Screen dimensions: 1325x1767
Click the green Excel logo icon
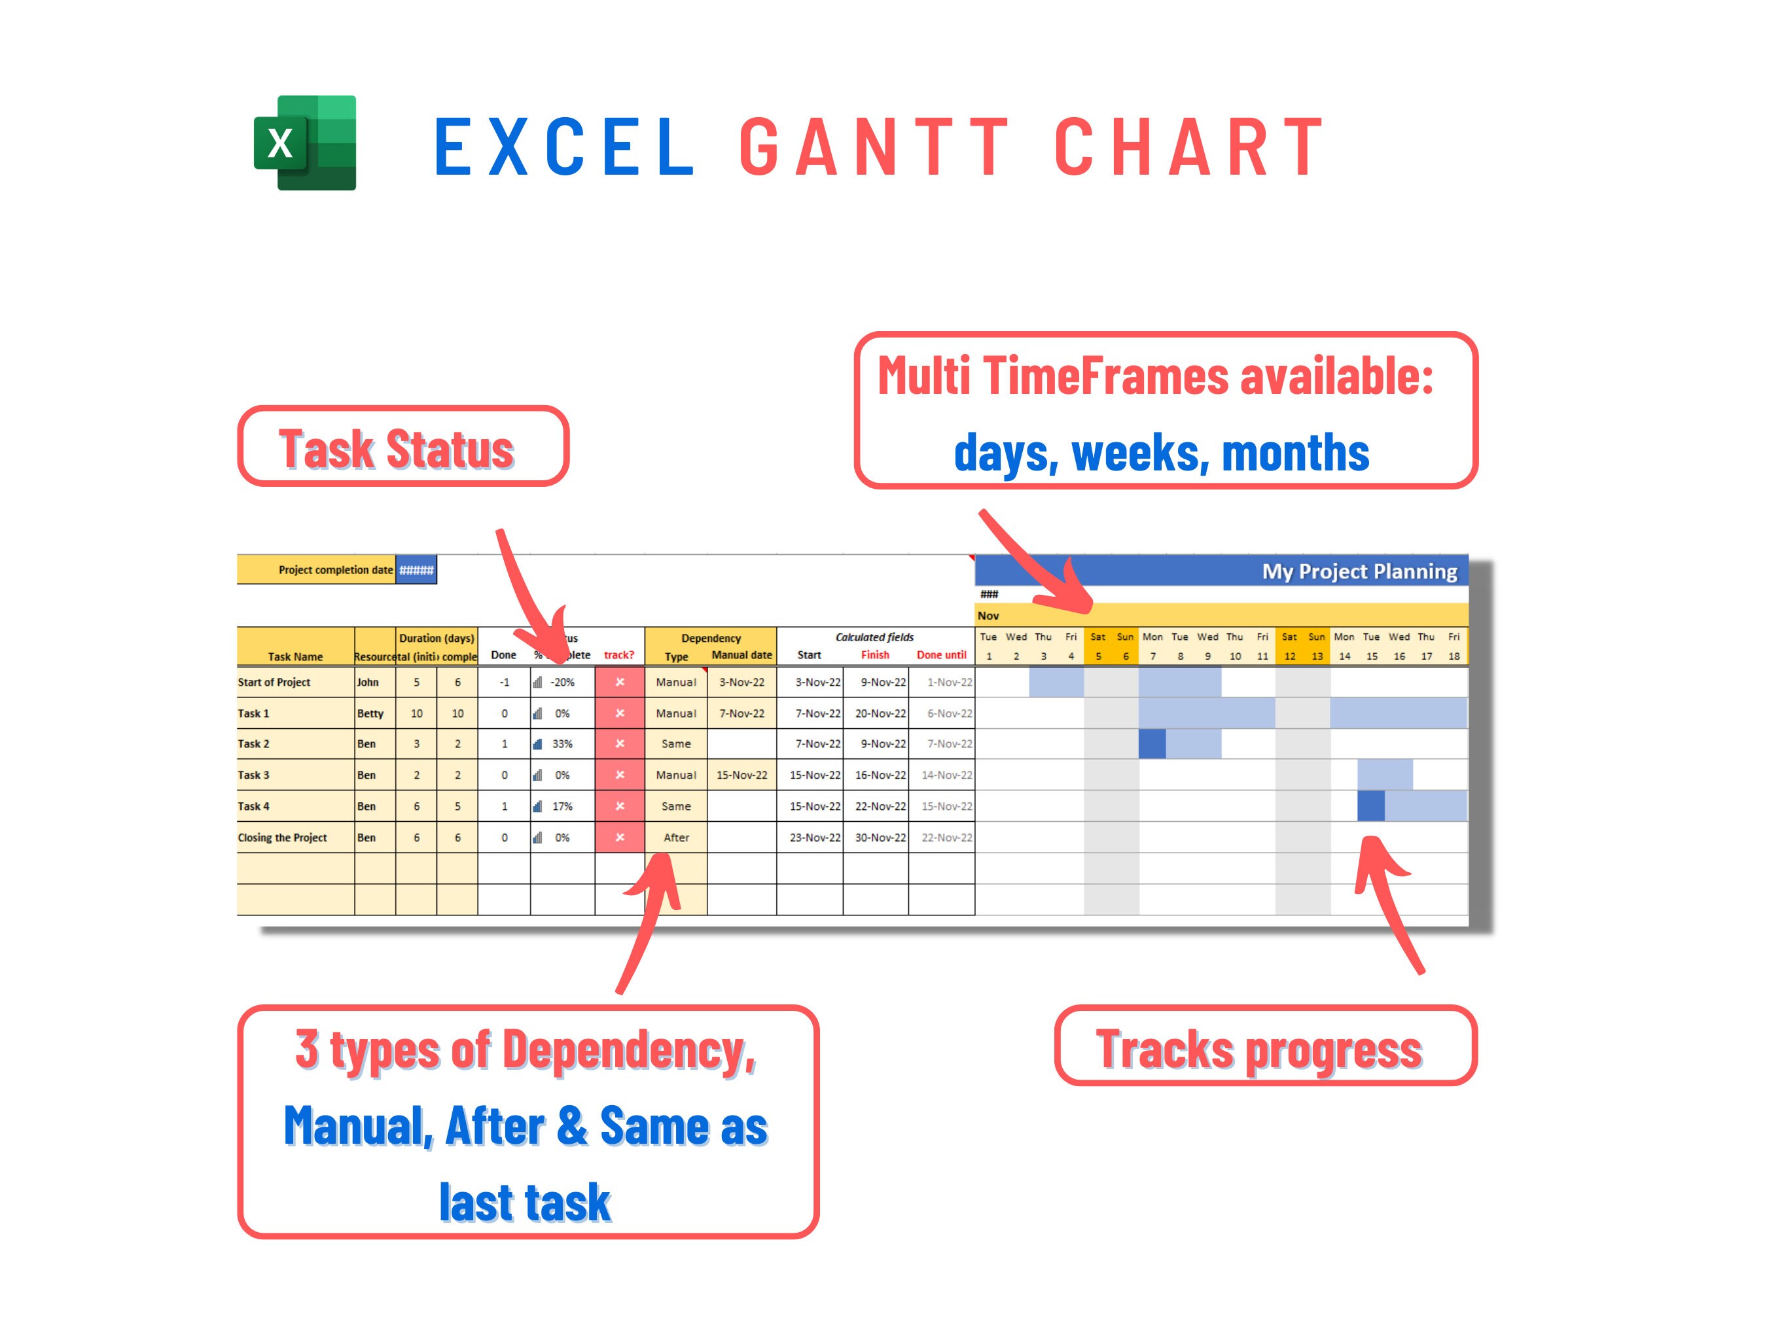click(x=304, y=143)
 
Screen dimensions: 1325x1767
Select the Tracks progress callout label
click(x=1264, y=1046)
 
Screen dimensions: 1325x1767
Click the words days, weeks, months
click(x=1161, y=452)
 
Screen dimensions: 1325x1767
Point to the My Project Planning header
click(x=1358, y=571)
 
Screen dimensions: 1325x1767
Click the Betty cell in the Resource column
click(x=370, y=713)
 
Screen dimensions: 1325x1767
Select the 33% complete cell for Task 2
click(x=562, y=743)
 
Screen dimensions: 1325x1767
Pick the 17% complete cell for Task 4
click(x=562, y=806)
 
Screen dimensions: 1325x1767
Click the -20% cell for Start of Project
click(x=562, y=682)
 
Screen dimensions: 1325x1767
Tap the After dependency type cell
click(x=676, y=837)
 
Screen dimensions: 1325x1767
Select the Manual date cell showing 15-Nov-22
click(x=741, y=775)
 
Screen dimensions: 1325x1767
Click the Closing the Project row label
click(x=283, y=837)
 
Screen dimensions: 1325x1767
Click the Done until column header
click(x=941, y=655)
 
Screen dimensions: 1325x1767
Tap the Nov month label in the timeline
click(x=988, y=616)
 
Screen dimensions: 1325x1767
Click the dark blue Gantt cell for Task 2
click(x=1152, y=743)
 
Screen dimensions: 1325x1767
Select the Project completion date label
click(x=336, y=569)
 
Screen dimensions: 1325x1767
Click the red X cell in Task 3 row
click(x=620, y=775)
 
